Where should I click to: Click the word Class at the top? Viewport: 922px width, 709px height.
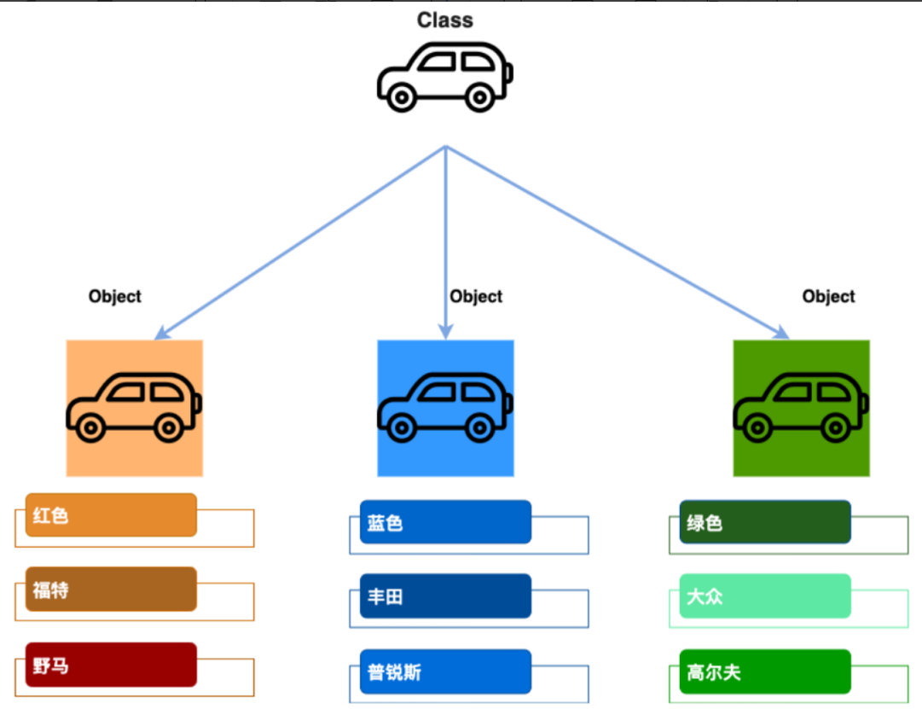tap(444, 20)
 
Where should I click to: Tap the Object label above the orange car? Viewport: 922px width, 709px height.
tap(114, 296)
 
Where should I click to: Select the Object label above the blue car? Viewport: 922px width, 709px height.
tap(476, 296)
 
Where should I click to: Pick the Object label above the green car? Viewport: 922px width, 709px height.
tap(828, 296)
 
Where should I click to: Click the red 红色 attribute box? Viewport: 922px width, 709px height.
tap(111, 515)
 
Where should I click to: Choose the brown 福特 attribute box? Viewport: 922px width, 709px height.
tap(111, 590)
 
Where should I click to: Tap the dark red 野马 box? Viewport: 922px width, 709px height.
tap(111, 665)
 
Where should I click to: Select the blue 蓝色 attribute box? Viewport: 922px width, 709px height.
tap(445, 522)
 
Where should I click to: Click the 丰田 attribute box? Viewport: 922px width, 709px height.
tap(445, 596)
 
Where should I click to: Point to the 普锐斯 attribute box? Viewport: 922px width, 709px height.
tap(445, 672)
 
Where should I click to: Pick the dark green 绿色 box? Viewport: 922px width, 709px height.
tap(765, 522)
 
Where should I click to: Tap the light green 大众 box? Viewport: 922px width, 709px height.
tap(765, 596)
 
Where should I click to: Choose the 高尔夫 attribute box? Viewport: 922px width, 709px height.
tap(765, 672)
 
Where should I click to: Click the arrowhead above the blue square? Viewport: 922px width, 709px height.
tap(444, 332)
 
